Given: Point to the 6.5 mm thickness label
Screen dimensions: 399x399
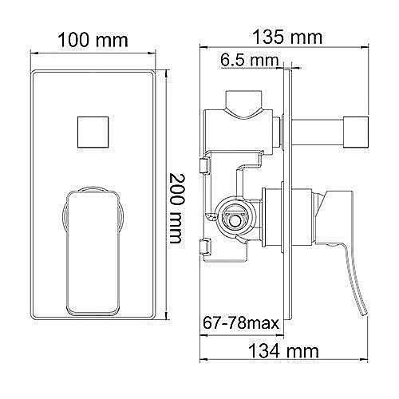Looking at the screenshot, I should tap(248, 61).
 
